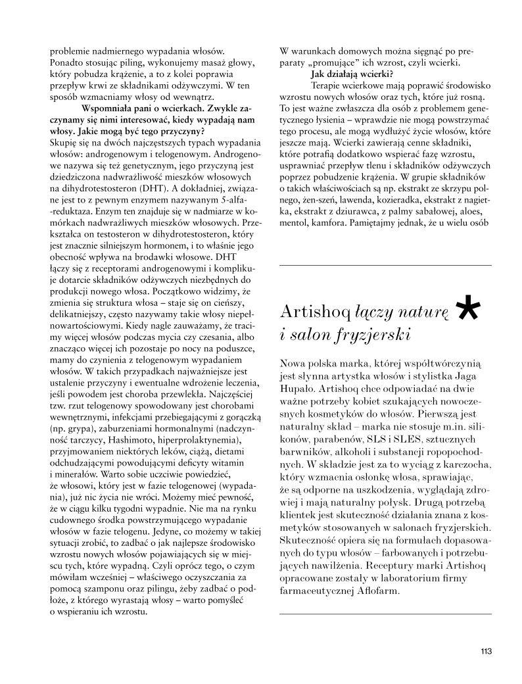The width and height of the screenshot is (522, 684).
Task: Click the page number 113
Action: coord(486,652)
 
